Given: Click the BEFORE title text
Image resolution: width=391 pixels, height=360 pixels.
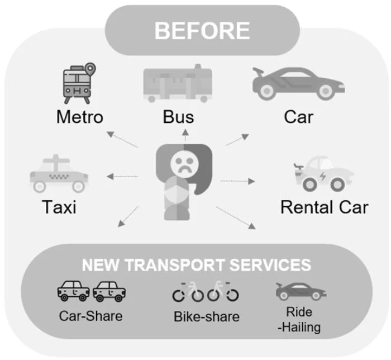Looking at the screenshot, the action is point(202,31).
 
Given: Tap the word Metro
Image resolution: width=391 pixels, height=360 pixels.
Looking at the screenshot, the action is point(80,117).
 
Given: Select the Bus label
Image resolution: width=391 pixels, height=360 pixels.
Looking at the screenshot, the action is point(178,117).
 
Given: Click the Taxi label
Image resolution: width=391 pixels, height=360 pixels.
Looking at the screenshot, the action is point(59,207).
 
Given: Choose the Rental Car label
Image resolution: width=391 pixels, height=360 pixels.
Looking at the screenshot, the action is point(324,207).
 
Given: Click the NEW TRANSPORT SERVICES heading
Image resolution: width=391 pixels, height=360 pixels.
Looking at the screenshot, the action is point(196,264).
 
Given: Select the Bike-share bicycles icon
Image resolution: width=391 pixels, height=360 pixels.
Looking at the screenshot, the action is point(206,291).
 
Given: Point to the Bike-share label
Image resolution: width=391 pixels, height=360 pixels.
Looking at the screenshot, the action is point(206,317).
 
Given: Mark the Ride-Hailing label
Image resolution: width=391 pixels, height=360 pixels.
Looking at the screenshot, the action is point(299,319).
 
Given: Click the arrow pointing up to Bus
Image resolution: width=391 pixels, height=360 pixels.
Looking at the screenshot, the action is point(186,134).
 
